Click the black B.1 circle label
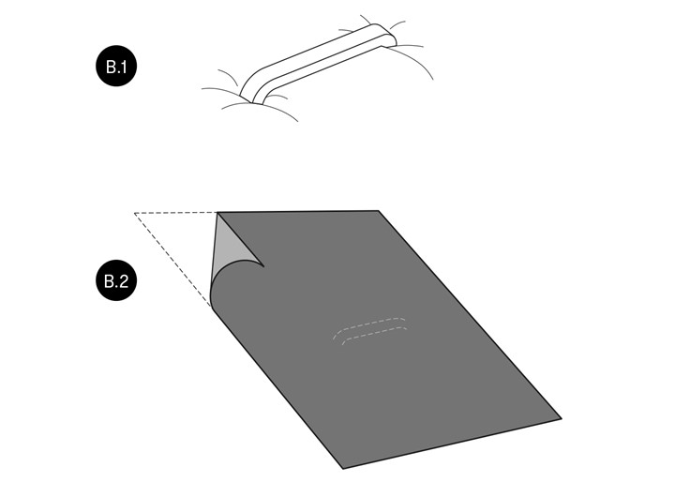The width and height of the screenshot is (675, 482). point(116,67)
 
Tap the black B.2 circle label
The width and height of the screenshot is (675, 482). point(116,280)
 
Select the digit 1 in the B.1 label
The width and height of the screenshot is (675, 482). point(124,67)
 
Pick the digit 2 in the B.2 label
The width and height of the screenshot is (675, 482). point(123,281)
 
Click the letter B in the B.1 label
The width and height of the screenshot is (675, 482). point(111,67)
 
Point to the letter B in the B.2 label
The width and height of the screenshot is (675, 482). point(110,281)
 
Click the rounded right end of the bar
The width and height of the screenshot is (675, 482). point(386,35)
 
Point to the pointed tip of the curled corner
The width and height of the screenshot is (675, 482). point(263,266)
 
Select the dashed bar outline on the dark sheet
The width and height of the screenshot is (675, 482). point(370,329)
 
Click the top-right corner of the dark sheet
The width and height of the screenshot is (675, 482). point(379,211)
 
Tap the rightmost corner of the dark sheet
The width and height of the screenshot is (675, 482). point(561,418)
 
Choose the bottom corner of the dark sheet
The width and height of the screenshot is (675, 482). point(343,468)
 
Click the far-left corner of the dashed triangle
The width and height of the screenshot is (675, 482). point(135,213)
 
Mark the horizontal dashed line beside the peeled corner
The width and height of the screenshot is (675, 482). point(175,213)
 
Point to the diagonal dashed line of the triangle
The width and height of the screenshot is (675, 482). point(172,260)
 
